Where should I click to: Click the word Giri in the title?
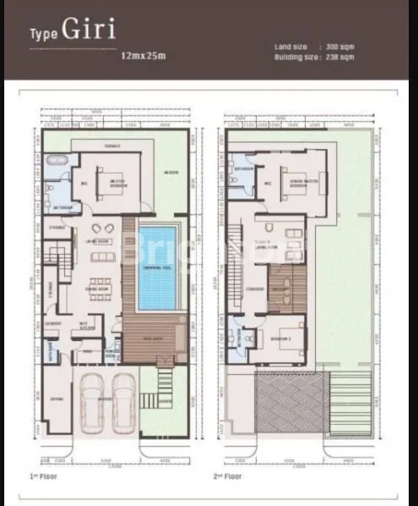[x=88, y=30]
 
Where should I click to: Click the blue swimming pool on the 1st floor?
[x=158, y=267]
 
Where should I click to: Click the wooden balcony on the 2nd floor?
[x=287, y=289]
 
